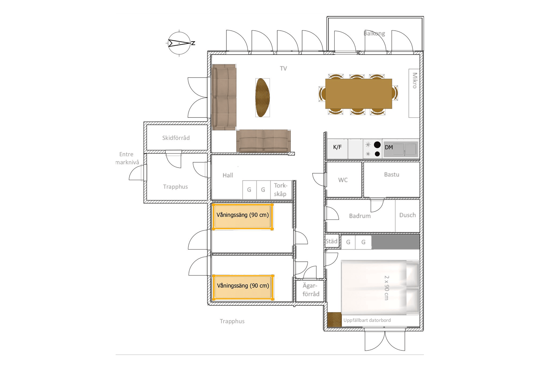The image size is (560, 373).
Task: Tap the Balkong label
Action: (374, 33)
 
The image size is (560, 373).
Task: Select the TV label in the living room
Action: (283, 68)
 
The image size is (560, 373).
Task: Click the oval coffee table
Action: (262, 98)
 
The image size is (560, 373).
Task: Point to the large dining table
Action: (358, 94)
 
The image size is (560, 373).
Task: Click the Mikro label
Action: (415, 80)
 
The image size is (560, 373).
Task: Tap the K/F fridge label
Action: (337, 147)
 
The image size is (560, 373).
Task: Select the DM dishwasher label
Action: (389, 147)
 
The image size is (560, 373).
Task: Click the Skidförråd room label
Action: (176, 138)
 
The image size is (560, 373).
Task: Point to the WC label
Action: (343, 180)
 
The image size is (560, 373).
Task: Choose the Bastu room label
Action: (392, 174)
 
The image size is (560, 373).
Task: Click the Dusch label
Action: (407, 215)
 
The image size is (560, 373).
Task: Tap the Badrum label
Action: (360, 216)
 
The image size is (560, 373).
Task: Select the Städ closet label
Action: (331, 241)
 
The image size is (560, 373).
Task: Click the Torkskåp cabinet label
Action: (280, 190)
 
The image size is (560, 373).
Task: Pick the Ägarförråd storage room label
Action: (311, 290)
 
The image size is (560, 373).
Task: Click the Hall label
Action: (228, 175)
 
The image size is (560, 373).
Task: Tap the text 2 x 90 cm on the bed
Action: (386, 288)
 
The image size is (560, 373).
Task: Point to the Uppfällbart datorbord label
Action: (367, 320)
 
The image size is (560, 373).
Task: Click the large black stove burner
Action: (377, 145)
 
